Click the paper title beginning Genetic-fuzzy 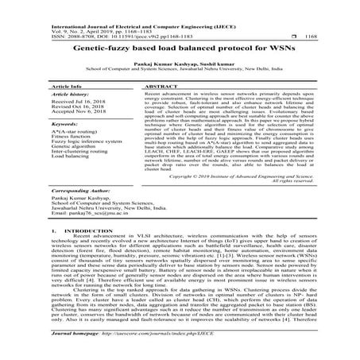[x=180, y=49]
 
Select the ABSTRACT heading [x=162, y=83]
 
